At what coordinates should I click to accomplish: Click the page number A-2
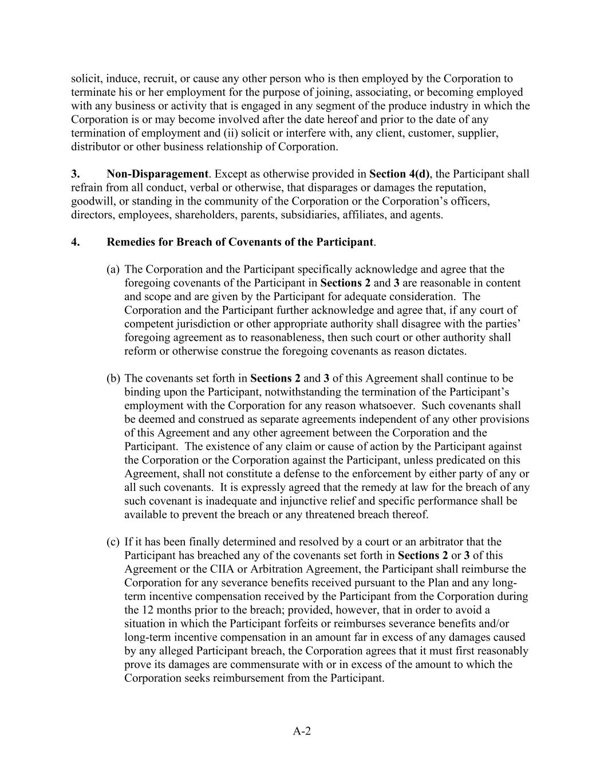point(302,731)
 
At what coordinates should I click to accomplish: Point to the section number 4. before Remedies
point(75,242)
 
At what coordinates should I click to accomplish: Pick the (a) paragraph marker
point(113,269)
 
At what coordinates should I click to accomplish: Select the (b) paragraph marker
point(113,379)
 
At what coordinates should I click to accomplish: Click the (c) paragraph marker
point(113,542)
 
